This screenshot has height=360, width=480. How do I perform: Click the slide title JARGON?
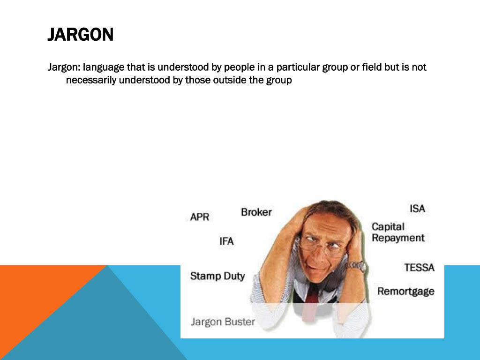pos(80,35)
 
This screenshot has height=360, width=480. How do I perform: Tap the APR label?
pos(200,217)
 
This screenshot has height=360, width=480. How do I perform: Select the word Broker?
pos(256,212)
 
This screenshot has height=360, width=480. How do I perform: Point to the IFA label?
pos(226,241)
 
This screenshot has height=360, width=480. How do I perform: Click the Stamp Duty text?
pos(217,276)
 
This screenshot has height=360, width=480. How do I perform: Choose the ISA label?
pos(417,209)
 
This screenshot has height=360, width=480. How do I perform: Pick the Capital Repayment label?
pos(398,232)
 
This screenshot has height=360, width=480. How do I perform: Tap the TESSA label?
pos(419,268)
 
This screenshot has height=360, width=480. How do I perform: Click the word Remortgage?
pos(405,291)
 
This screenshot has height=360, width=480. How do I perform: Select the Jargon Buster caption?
pos(223,322)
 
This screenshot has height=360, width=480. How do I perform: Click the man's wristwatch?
pos(356,266)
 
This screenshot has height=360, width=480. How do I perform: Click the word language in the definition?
pos(104,67)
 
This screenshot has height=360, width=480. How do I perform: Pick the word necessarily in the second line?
pos(91,80)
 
